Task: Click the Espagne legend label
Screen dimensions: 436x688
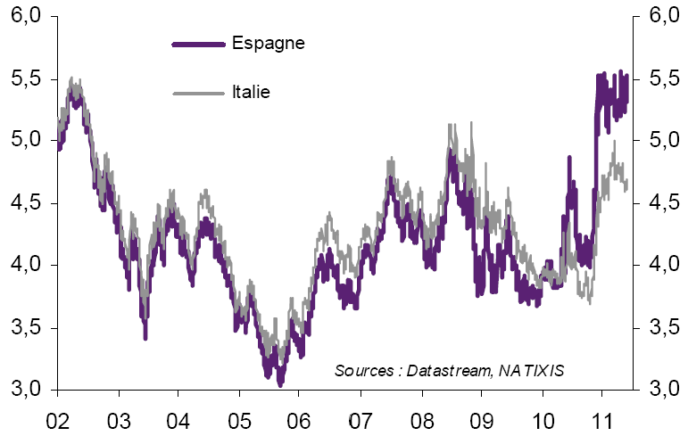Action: tap(269, 43)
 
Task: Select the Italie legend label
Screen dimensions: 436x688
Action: tap(251, 91)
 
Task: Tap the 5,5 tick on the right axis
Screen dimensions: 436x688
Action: tap(660, 78)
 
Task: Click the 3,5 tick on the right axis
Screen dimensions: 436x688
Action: tap(660, 327)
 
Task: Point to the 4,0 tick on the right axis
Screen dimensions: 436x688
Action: tap(660, 265)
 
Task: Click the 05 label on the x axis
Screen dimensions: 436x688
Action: tap(238, 417)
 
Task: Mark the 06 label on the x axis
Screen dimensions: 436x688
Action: tap(299, 417)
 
